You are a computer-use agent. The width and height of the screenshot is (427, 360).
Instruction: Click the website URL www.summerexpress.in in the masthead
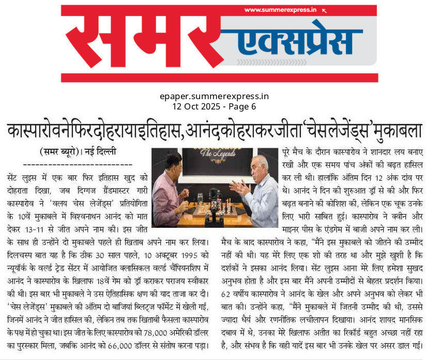pos(280,10)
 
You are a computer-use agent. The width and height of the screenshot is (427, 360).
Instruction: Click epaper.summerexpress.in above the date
pos(214,97)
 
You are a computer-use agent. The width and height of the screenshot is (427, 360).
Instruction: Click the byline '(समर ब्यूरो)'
pos(60,152)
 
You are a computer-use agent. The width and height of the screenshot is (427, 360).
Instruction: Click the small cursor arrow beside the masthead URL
pos(324,9)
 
